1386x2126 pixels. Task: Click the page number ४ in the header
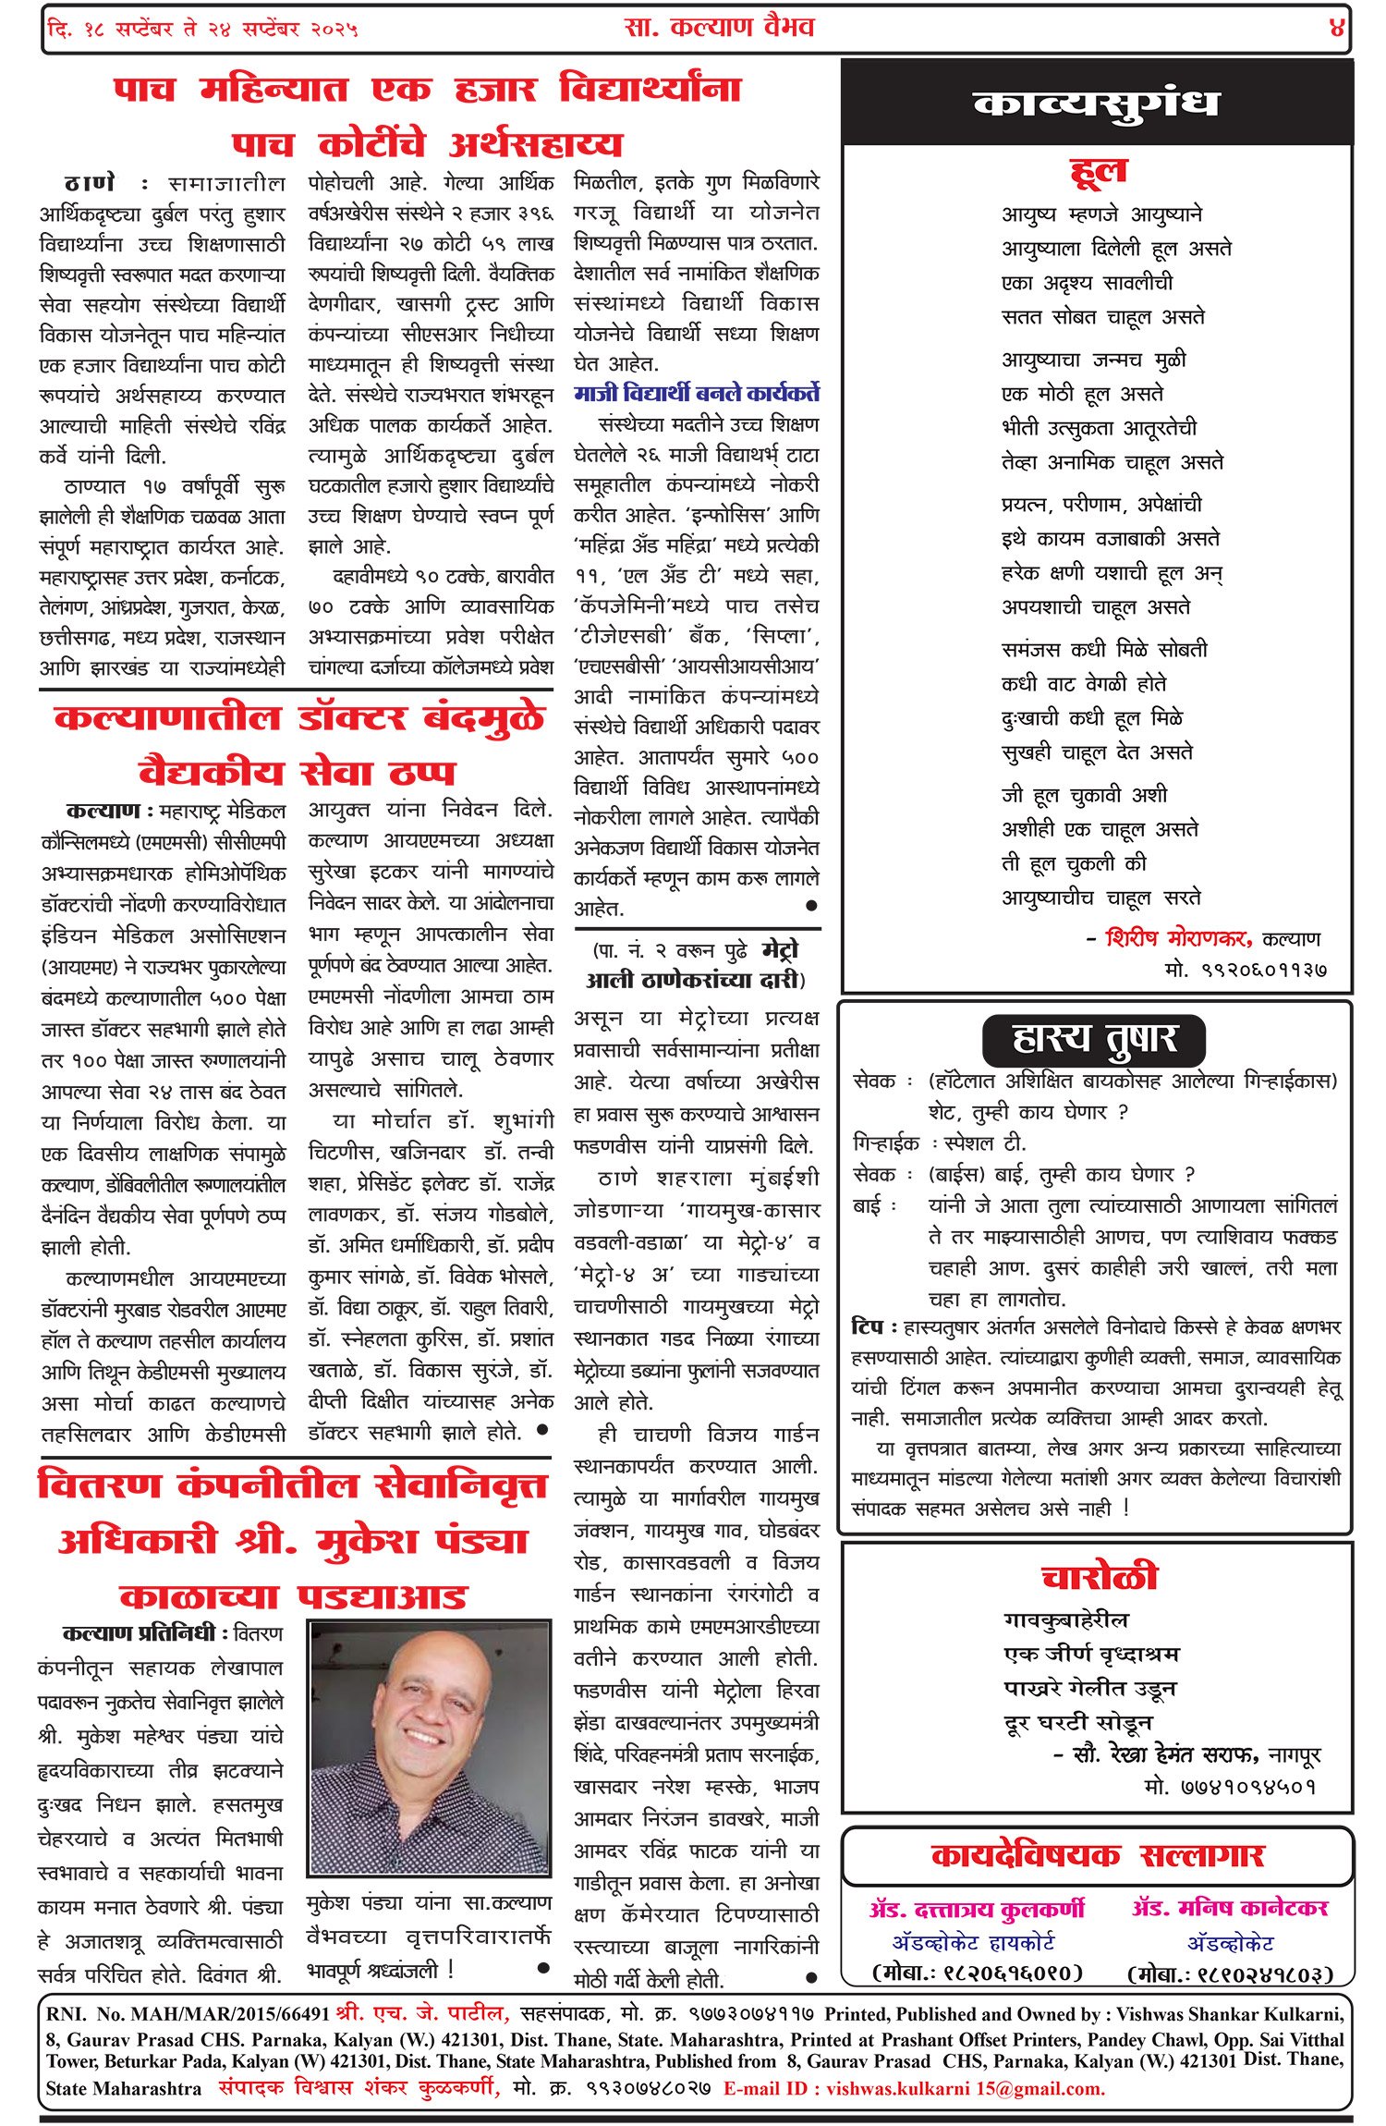pyautogui.click(x=1336, y=28)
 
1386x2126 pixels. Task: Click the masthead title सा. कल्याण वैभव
pyautogui.click(x=719, y=27)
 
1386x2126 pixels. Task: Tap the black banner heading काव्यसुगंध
pyautogui.click(x=1096, y=104)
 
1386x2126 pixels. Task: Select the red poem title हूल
pyautogui.click(x=1098, y=171)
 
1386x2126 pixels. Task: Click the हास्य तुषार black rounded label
pyautogui.click(x=1094, y=1040)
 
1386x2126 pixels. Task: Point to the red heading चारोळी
pyautogui.click(x=1099, y=1576)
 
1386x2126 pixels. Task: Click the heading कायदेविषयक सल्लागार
pyautogui.click(x=1098, y=1855)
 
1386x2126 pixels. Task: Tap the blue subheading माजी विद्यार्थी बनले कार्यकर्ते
pyautogui.click(x=697, y=394)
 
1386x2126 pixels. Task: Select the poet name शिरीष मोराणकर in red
pyautogui.click(x=1178, y=938)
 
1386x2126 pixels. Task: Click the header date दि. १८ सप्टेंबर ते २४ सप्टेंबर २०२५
pyautogui.click(x=202, y=29)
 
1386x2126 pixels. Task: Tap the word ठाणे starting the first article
pyautogui.click(x=90, y=182)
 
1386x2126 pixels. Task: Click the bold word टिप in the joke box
pyautogui.click(x=868, y=1327)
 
